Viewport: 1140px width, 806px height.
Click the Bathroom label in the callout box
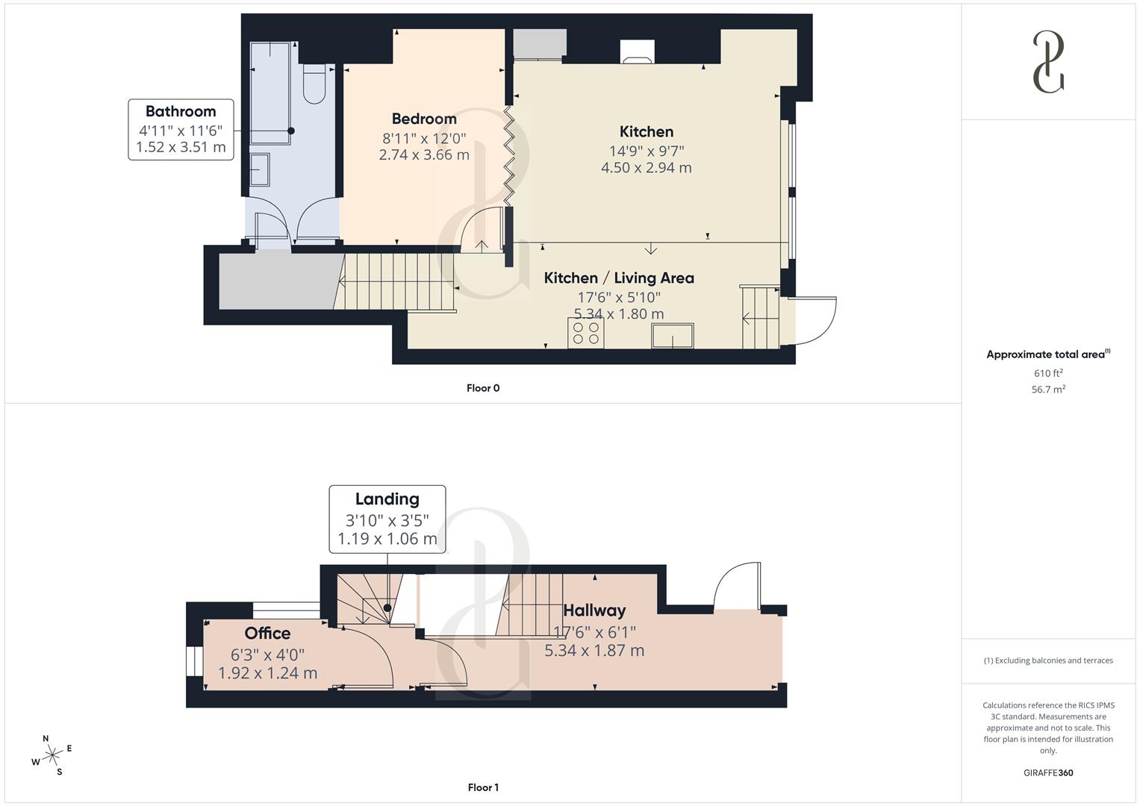click(x=181, y=111)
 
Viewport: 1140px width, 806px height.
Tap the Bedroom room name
click(x=424, y=119)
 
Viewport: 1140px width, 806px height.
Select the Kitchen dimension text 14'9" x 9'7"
click(x=647, y=151)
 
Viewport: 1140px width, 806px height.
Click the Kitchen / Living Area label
click(x=619, y=278)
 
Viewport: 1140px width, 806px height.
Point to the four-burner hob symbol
click(x=585, y=333)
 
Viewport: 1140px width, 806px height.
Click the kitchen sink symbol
click(x=673, y=336)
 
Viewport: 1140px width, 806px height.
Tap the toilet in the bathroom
click(x=314, y=84)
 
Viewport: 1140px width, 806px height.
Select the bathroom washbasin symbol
click(x=260, y=169)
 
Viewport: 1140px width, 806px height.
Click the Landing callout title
click(x=387, y=499)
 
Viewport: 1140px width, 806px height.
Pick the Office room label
click(x=267, y=633)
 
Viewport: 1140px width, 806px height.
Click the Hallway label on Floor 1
click(x=594, y=610)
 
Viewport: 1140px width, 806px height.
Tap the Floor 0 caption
click(x=483, y=388)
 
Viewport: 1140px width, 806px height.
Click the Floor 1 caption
click(x=483, y=787)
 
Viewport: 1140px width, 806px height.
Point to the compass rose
click(x=52, y=756)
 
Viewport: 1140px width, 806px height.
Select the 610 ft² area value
click(x=1048, y=373)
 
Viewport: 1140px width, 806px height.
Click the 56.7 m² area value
click(x=1048, y=390)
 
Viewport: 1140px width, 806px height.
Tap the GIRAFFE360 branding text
click(x=1048, y=772)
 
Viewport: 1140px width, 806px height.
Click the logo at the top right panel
click(x=1048, y=62)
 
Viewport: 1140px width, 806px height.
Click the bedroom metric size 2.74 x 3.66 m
click(x=424, y=155)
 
